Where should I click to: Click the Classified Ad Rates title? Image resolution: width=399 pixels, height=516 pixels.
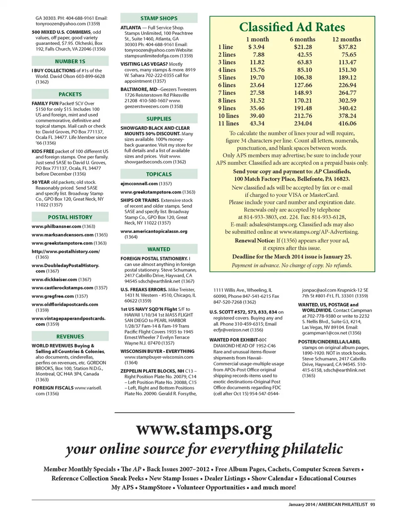(x=292, y=27)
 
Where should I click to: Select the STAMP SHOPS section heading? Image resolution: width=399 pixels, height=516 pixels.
(x=159, y=18)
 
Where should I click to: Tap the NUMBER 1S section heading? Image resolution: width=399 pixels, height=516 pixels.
(x=70, y=61)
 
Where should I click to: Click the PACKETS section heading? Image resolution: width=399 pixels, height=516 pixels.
(x=70, y=94)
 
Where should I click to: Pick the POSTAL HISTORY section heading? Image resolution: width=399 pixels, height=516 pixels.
(x=70, y=217)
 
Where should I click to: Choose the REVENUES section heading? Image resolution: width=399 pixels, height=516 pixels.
(x=70, y=337)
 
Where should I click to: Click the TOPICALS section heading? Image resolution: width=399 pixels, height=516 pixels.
(x=159, y=174)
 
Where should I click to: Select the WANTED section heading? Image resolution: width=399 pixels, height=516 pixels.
(x=159, y=249)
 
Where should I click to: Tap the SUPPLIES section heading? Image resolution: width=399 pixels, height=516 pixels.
(x=159, y=119)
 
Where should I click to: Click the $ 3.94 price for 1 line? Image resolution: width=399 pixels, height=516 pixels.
(x=256, y=47)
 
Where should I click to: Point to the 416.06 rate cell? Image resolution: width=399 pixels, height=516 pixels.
(x=347, y=124)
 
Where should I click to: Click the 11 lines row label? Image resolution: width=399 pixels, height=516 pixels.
(x=228, y=124)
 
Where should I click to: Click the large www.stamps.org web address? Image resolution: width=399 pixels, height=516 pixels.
(x=204, y=428)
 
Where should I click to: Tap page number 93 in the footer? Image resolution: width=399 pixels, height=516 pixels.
(x=372, y=504)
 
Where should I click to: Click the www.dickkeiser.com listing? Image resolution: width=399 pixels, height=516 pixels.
(x=54, y=280)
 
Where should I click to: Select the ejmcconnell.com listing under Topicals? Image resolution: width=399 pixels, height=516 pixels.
(x=140, y=184)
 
